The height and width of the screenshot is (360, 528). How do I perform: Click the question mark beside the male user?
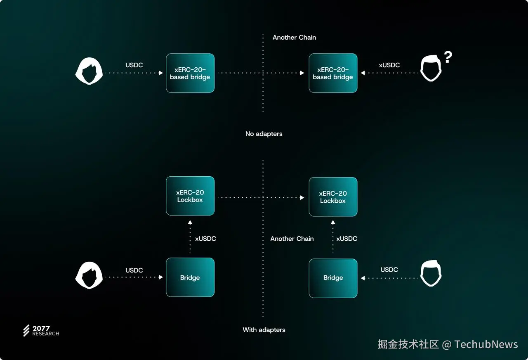pos(448,57)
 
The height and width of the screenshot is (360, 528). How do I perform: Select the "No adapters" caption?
pos(264,134)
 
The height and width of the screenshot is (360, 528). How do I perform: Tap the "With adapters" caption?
pos(264,330)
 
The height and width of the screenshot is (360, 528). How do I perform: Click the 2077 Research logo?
pos(41,331)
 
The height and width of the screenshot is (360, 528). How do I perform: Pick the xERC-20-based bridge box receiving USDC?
pos(190,73)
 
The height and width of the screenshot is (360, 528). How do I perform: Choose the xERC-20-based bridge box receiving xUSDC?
pos(333,73)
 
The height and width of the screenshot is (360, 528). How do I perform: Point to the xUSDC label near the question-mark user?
pos(389,65)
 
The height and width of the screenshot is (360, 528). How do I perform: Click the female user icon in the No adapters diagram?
pos(89,71)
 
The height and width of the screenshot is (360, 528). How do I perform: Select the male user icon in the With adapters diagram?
pos(431,274)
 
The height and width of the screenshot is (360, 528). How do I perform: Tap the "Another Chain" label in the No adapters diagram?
pos(294,38)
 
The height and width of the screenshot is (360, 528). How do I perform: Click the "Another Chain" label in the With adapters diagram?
pos(292,239)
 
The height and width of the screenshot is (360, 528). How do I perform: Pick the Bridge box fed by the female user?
pos(190,277)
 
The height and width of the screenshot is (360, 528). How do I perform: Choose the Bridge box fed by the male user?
pos(333,278)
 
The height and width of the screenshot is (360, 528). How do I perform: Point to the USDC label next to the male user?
pos(389,270)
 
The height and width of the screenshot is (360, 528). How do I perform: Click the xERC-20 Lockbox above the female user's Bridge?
pos(190,196)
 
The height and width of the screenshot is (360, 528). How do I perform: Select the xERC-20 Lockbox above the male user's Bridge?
pos(333,197)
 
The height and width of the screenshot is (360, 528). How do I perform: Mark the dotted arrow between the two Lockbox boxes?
pos(261,198)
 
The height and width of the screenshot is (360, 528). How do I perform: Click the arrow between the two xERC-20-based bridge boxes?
pos(261,73)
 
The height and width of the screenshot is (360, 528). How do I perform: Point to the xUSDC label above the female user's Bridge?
pos(205,239)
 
